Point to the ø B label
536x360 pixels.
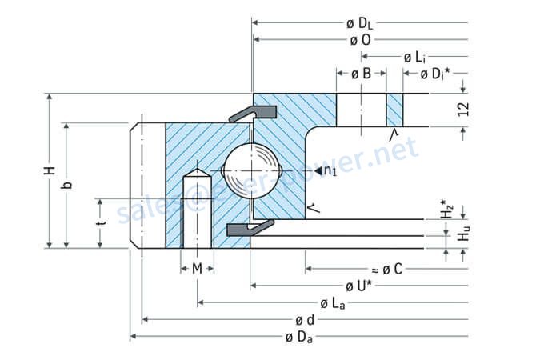click(362, 74)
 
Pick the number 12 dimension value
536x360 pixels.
click(463, 110)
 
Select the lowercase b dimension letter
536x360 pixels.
click(68, 185)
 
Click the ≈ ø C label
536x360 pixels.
click(386, 270)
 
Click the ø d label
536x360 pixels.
click(304, 320)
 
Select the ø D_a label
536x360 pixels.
click(298, 337)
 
